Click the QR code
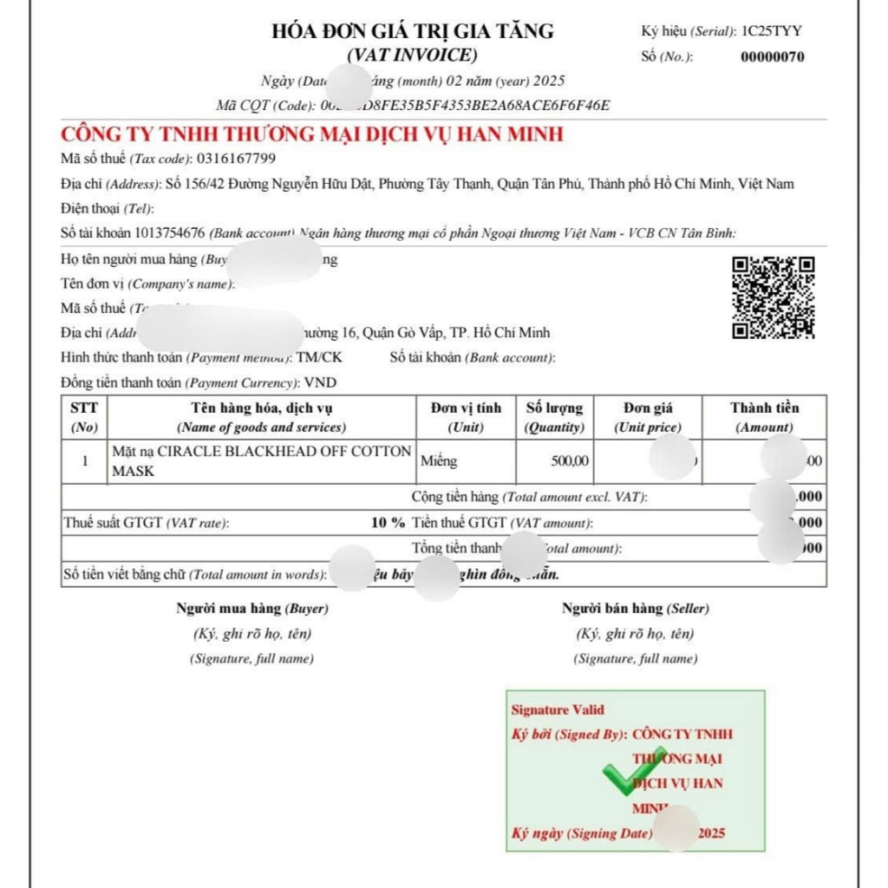point(774,297)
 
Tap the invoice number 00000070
point(772,58)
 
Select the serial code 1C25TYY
point(771,31)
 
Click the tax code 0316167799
point(236,159)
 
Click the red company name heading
point(312,134)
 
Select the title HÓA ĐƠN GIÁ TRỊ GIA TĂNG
point(413,32)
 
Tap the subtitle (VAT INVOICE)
point(412,55)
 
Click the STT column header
point(84,417)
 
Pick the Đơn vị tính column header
point(466,417)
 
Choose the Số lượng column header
point(554,417)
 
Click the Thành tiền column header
point(764,417)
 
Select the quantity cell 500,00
point(570,460)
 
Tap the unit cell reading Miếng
point(439,460)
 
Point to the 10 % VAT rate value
point(388,523)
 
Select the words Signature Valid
point(558,709)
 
